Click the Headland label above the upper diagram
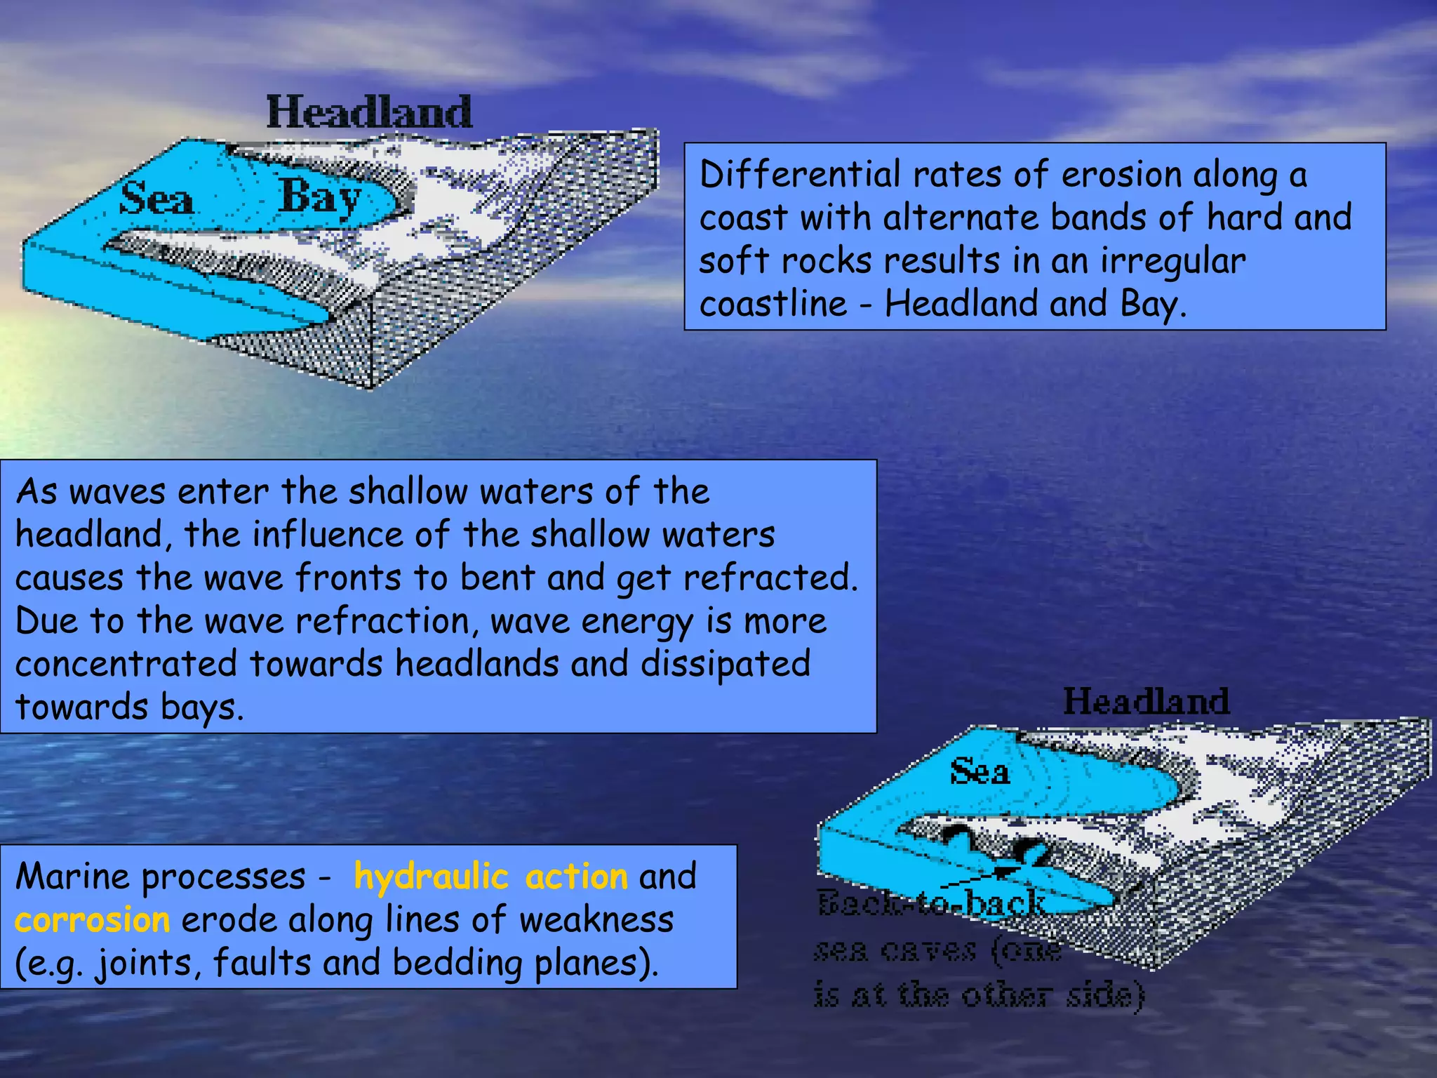(x=369, y=112)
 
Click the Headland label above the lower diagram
(x=1146, y=701)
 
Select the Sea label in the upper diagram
(x=156, y=199)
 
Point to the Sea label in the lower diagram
(x=980, y=772)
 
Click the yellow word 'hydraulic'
(x=431, y=877)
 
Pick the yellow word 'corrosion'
(x=92, y=920)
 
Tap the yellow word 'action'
(x=576, y=877)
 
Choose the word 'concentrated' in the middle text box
(x=126, y=664)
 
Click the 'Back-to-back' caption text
(x=930, y=904)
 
